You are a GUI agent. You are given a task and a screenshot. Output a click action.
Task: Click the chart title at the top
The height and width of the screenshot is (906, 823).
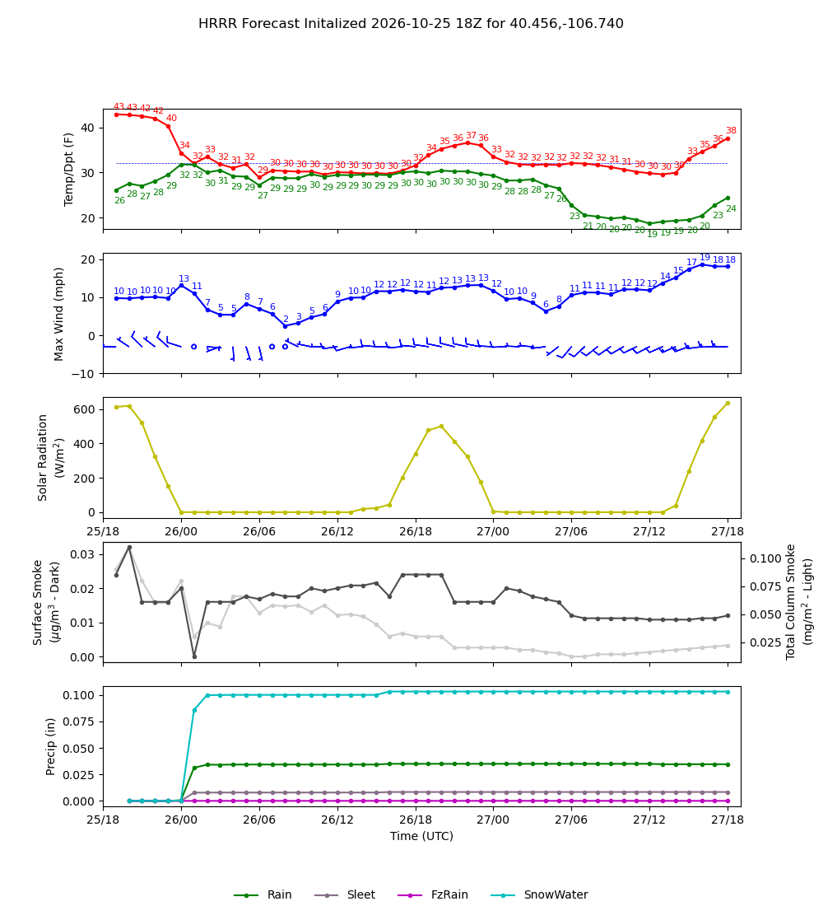pyautogui.click(x=411, y=24)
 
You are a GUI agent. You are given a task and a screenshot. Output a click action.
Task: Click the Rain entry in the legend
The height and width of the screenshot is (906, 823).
pyautogui.click(x=263, y=894)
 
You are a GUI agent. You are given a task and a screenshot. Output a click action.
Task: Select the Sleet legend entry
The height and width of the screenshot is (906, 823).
pyautogui.click(x=346, y=894)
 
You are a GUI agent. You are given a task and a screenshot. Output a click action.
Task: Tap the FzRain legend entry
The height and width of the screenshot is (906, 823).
pyautogui.click(x=433, y=894)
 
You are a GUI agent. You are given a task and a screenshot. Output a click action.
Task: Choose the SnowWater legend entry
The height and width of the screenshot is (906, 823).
pyautogui.click(x=539, y=894)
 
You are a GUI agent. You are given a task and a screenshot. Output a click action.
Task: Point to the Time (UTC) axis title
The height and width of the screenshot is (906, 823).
pyautogui.click(x=421, y=836)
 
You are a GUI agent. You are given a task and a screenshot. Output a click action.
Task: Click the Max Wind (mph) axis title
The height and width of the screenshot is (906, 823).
pyautogui.click(x=58, y=314)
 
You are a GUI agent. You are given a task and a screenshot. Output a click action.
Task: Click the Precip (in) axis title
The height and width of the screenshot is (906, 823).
pyautogui.click(x=50, y=746)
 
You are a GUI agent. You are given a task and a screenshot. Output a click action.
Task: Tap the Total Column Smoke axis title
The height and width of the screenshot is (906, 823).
pyautogui.click(x=791, y=602)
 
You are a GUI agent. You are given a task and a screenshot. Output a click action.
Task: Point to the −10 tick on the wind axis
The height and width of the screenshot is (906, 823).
pyautogui.click(x=83, y=374)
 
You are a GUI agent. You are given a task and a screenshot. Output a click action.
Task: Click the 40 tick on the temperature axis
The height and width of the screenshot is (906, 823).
pyautogui.click(x=88, y=128)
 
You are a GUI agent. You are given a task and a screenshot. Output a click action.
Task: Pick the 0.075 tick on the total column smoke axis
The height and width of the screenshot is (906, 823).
pyautogui.click(x=765, y=586)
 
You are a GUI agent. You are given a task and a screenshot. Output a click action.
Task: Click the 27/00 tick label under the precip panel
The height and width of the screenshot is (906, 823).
pyautogui.click(x=493, y=820)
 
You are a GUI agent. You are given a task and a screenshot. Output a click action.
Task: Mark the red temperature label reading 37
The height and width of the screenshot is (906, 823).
pyautogui.click(x=472, y=135)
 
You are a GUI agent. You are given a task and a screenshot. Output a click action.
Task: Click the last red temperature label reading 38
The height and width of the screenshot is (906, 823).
pyautogui.click(x=731, y=131)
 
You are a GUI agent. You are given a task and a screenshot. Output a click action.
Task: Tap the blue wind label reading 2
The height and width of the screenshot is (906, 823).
pyautogui.click(x=286, y=319)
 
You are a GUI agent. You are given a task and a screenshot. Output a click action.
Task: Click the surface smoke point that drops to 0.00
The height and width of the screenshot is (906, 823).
pyautogui.click(x=194, y=656)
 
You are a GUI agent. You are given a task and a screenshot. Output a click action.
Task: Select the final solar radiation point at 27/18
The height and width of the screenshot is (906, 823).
pyautogui.click(x=728, y=404)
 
